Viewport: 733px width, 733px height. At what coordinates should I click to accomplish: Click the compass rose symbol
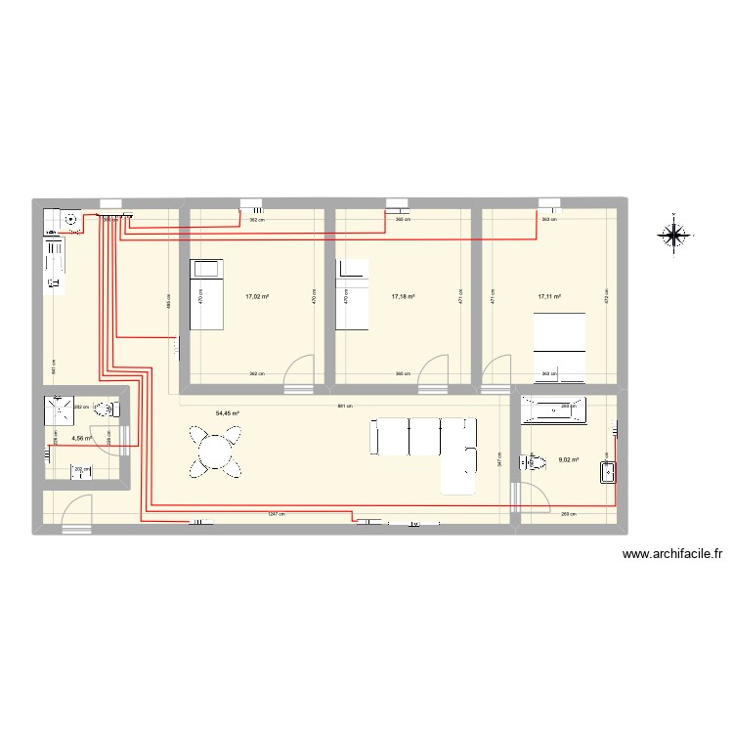(x=674, y=234)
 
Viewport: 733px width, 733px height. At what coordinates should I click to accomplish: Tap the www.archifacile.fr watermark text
(x=672, y=554)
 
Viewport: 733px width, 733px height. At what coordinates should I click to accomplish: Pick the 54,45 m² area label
(x=228, y=413)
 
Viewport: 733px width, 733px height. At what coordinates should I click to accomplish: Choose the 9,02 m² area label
(x=568, y=460)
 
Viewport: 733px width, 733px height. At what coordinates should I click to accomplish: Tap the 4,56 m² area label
(x=81, y=439)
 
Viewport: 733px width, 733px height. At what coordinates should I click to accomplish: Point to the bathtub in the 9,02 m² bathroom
(x=552, y=410)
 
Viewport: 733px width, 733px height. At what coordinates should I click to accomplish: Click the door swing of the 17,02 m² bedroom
(x=296, y=370)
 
